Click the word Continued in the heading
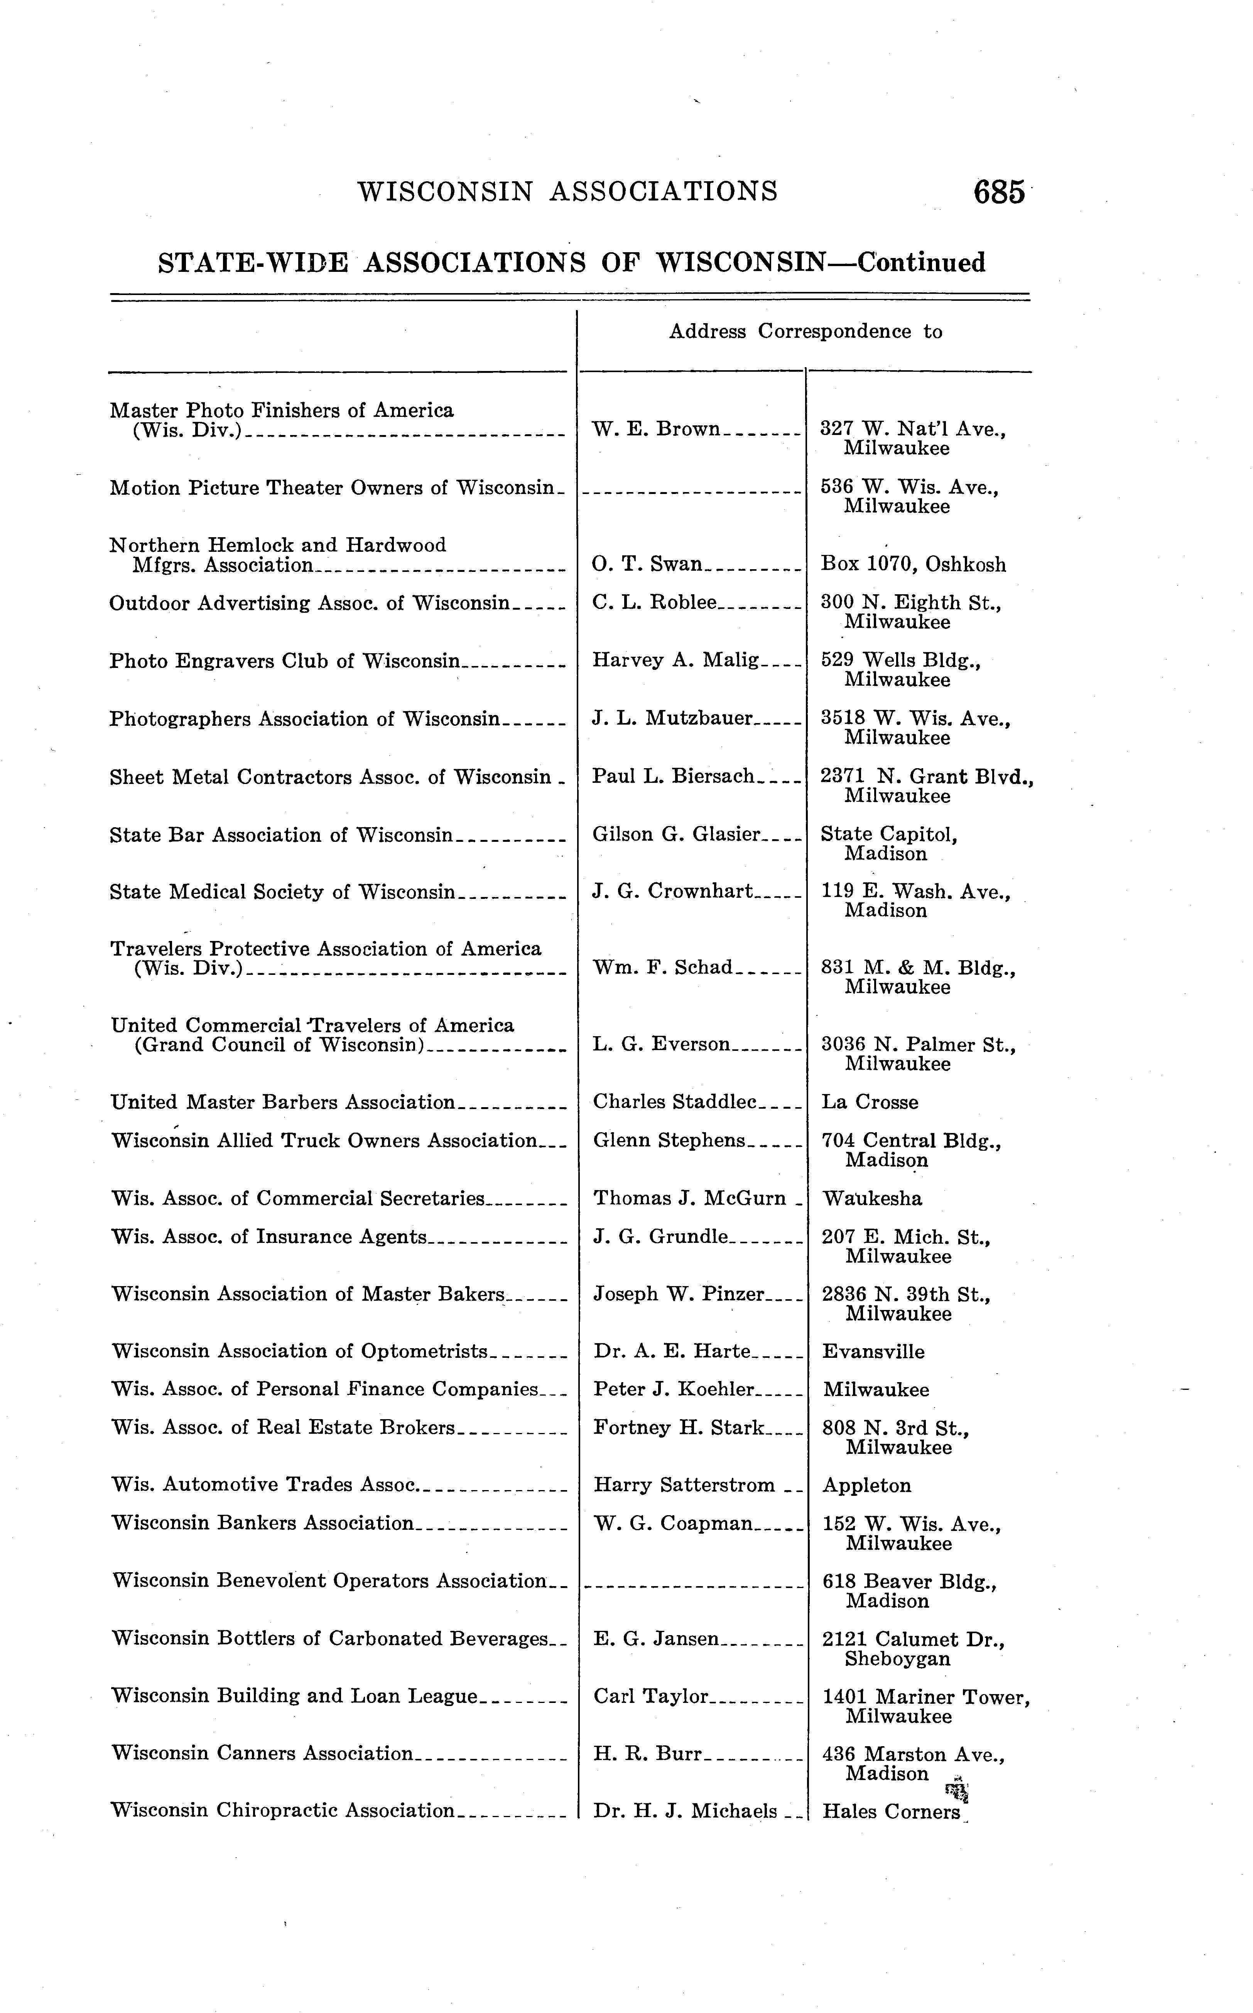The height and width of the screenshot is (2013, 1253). pyautogui.click(x=922, y=263)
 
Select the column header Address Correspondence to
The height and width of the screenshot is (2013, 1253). pyautogui.click(x=805, y=331)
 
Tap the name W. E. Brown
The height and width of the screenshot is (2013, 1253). pyautogui.click(x=656, y=429)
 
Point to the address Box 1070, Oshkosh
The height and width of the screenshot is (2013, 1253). pyautogui.click(x=913, y=565)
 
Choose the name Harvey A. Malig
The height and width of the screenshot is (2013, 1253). pyautogui.click(x=675, y=660)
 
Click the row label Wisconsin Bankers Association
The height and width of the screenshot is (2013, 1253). pyautogui.click(x=262, y=1523)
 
